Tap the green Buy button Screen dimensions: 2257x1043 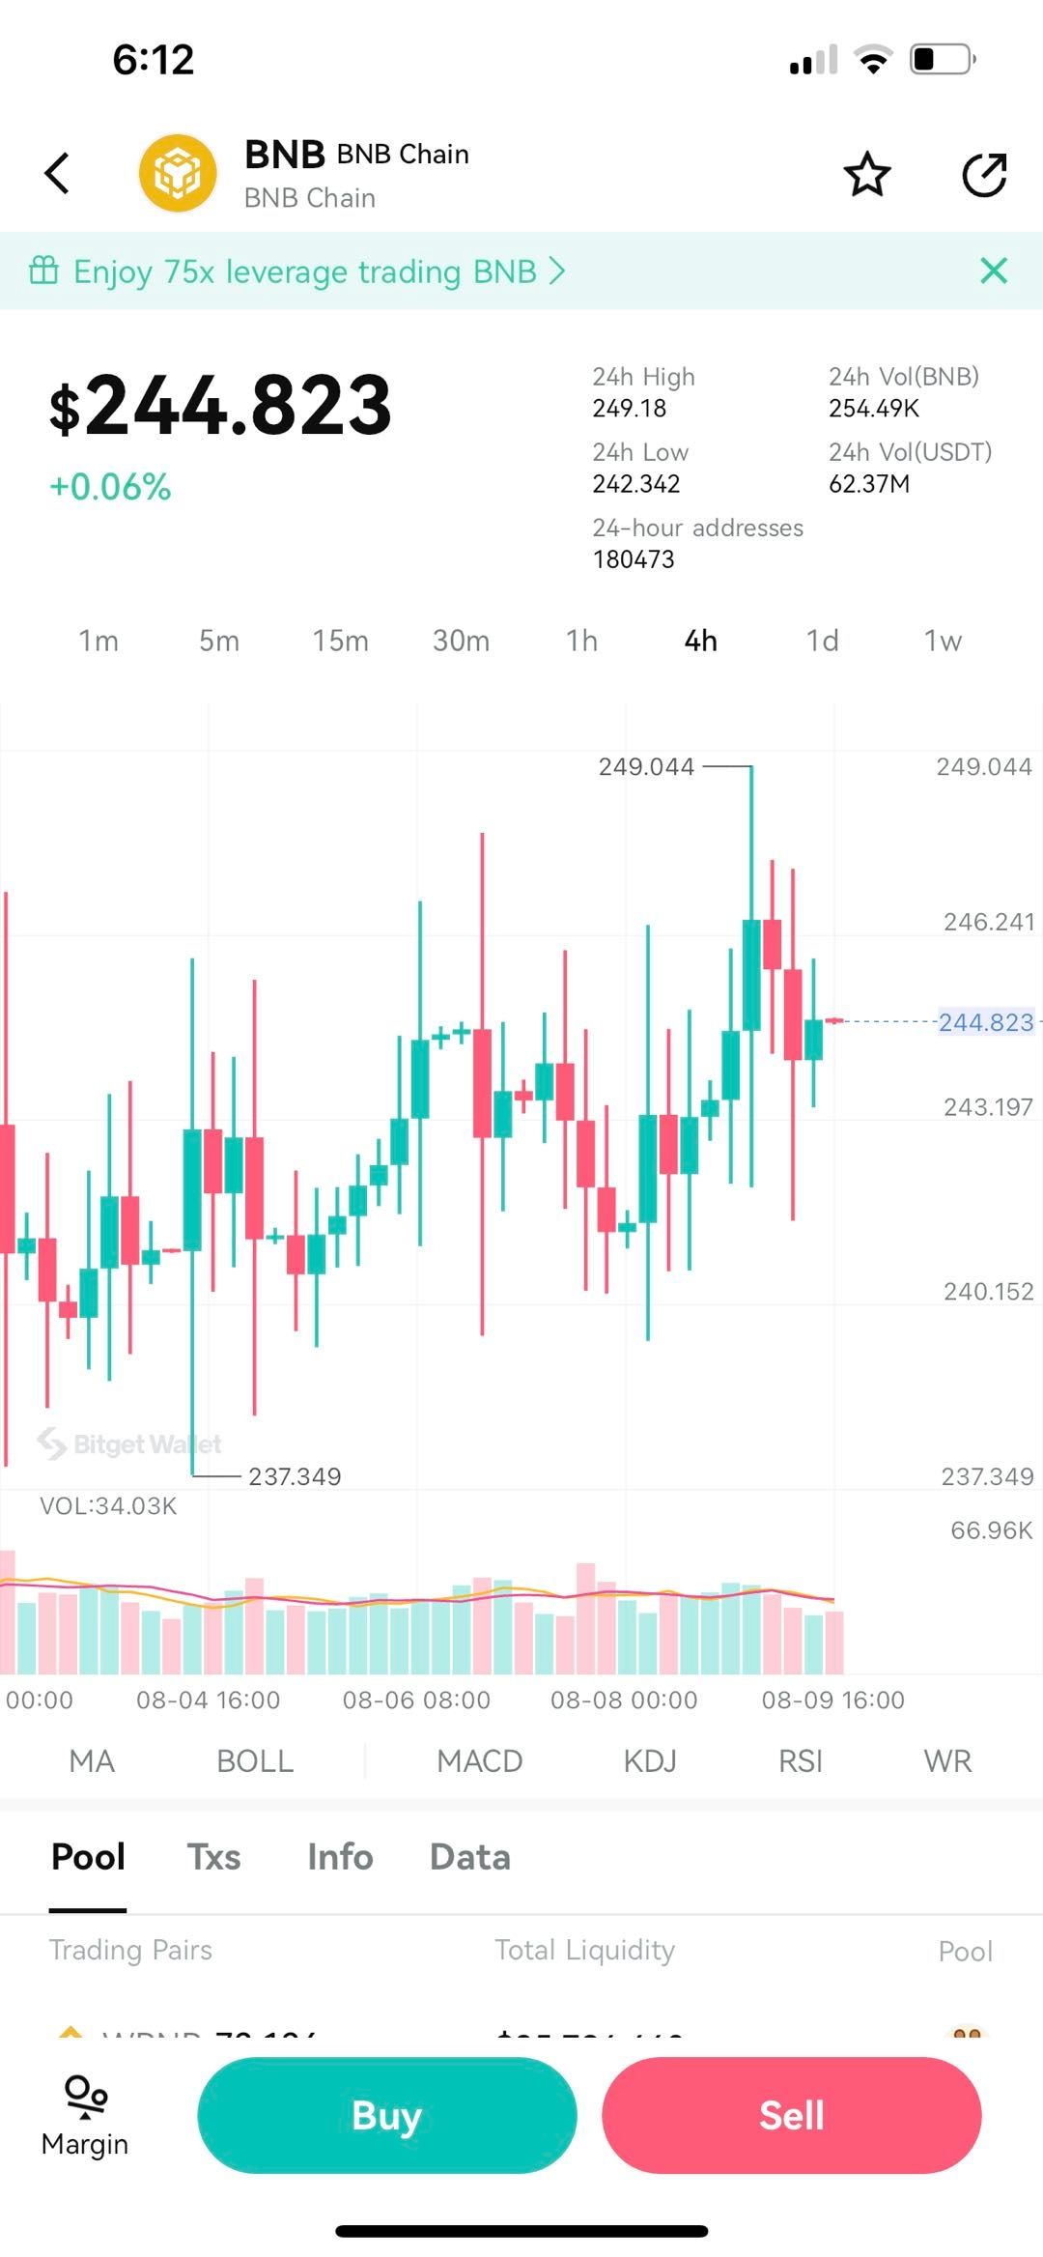point(386,2115)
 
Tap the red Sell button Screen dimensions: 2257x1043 point(791,2115)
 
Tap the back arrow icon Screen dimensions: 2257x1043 point(58,174)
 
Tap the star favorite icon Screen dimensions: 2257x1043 point(866,175)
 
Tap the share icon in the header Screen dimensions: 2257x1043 point(984,175)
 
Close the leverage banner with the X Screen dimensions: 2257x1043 point(994,271)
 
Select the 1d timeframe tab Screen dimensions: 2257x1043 point(822,641)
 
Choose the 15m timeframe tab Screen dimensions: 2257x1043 point(340,641)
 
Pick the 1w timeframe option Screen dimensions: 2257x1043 point(943,641)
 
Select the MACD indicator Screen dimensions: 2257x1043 point(479,1760)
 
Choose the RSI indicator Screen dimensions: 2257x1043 point(801,1760)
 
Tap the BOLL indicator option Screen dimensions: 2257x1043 point(255,1760)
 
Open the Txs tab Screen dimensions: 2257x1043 point(213,1856)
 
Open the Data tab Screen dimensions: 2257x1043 point(469,1856)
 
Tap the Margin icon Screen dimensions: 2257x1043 point(85,2115)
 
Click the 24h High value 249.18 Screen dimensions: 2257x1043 point(630,408)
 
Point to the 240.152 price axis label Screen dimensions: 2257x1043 point(988,1291)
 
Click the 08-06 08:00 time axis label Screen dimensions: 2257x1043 point(416,1700)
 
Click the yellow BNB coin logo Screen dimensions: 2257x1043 point(178,174)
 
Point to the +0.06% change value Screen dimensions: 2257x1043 point(110,487)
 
